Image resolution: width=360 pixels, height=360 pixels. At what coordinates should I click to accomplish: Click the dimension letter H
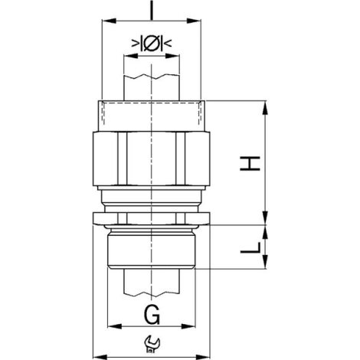(250, 162)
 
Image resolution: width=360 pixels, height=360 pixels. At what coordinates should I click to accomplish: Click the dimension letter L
(250, 248)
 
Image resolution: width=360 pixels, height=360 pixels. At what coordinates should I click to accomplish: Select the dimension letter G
(152, 315)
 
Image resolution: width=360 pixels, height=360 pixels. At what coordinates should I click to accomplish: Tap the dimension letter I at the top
(152, 10)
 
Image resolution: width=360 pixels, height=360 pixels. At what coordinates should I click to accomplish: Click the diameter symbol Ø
(152, 44)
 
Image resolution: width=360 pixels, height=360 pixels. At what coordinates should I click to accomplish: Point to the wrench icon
(152, 345)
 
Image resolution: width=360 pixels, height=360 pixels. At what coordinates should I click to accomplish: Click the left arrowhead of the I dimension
(109, 21)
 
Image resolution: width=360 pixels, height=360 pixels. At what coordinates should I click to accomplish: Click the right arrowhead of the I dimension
(194, 21)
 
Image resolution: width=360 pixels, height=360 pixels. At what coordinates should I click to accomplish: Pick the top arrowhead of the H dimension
(265, 108)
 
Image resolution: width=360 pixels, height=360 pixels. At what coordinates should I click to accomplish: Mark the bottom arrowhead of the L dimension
(265, 261)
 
